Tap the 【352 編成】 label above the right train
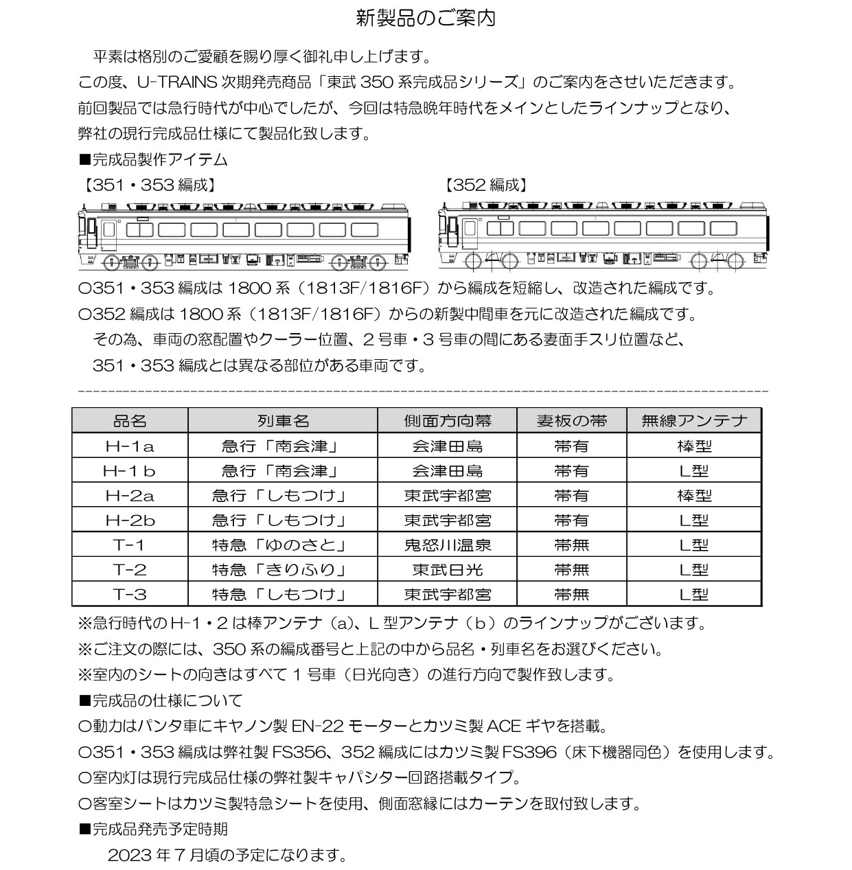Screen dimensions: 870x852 pyautogui.click(x=486, y=185)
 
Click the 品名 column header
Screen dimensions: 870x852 pyautogui.click(x=130, y=420)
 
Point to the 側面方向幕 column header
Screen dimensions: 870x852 pyautogui.click(x=447, y=420)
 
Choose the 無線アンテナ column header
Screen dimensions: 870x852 pyautogui.click(x=693, y=420)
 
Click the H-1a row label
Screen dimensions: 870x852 pyautogui.click(x=130, y=446)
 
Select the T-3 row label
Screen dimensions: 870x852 pyautogui.click(x=130, y=595)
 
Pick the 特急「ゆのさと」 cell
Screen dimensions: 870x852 pyautogui.click(x=282, y=545)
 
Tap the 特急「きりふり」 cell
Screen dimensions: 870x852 pyautogui.click(x=282, y=570)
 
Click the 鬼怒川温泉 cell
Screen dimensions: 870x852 pyautogui.click(x=447, y=545)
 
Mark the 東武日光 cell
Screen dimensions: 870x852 pyautogui.click(x=447, y=570)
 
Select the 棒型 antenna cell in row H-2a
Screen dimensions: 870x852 pyautogui.click(x=693, y=496)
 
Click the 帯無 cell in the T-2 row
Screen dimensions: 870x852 pyautogui.click(x=571, y=570)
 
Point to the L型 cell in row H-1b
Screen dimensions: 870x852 pyautogui.click(x=693, y=471)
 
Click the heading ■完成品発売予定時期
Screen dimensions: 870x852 pyautogui.click(x=153, y=829)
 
